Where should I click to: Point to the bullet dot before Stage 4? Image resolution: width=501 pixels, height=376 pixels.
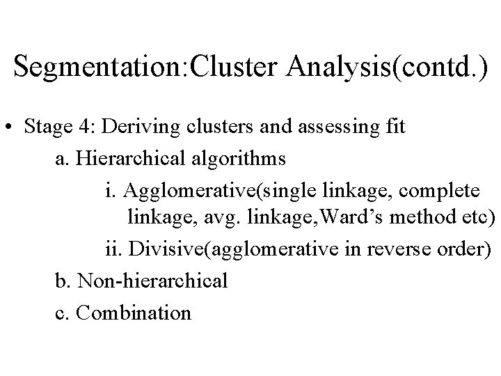pyautogui.click(x=10, y=129)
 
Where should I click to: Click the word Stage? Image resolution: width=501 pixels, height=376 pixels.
pyautogui.click(x=47, y=128)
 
